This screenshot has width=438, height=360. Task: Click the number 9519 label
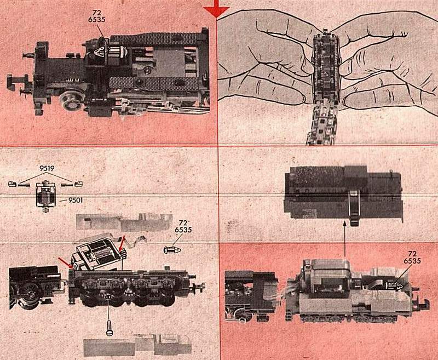(47, 168)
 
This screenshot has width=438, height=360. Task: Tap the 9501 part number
(76, 200)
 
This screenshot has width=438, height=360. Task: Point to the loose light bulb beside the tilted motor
(172, 249)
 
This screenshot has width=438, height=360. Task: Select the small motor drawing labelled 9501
(45, 196)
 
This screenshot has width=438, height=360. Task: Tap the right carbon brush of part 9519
(72, 184)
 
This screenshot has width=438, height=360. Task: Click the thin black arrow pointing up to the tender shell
(345, 238)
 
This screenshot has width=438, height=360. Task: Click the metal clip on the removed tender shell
(353, 207)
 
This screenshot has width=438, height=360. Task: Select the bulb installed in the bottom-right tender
(394, 285)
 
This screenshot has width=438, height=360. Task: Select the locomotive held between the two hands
(325, 87)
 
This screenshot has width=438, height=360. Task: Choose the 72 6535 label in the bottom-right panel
(412, 257)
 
